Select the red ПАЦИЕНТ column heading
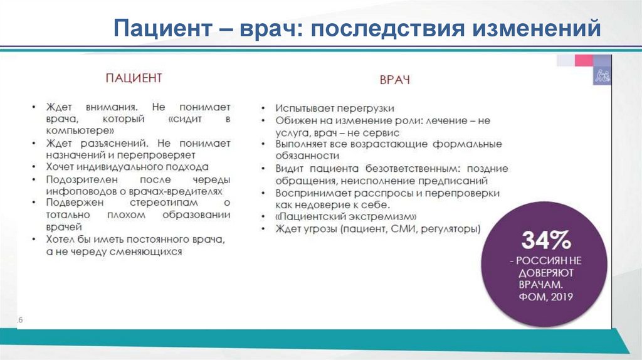[x=133, y=78]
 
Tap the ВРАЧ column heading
[x=394, y=81]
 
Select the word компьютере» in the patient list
[x=78, y=130]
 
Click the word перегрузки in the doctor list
[x=364, y=108]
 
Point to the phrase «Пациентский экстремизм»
[x=347, y=217]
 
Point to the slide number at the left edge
[x=19, y=320]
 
